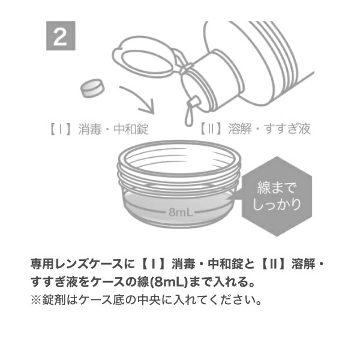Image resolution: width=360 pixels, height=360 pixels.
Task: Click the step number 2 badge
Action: point(61,37)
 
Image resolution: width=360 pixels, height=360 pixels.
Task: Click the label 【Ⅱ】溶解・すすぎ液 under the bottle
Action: point(254,130)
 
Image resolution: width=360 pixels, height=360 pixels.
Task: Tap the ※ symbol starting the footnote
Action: point(37,298)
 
